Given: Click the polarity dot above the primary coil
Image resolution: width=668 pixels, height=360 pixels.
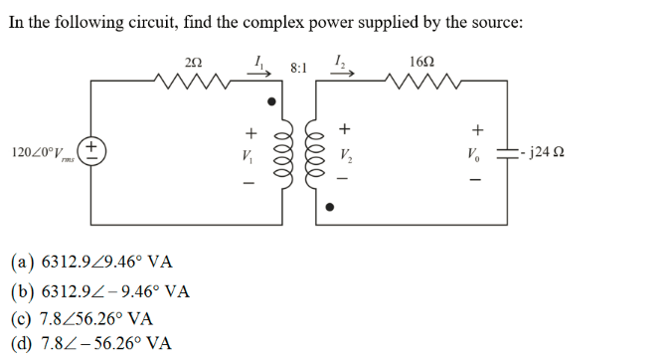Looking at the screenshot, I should [x=267, y=101].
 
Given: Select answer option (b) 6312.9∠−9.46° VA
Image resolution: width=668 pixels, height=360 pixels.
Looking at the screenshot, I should [x=100, y=291].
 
